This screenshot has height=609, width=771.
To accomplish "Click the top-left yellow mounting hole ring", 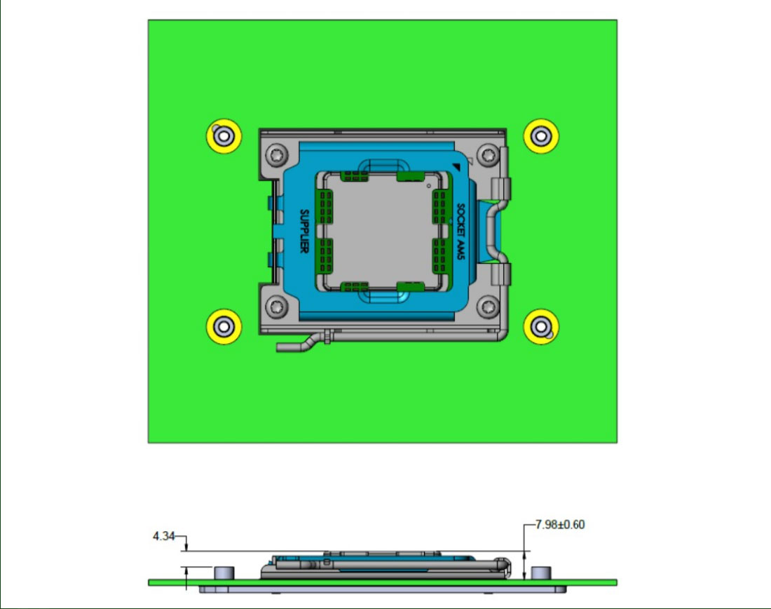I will click(224, 136).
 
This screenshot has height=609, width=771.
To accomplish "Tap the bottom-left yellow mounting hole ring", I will click(224, 326).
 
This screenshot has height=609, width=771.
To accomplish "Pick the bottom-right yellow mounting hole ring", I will click(541, 326).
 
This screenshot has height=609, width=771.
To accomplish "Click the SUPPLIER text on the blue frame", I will click(305, 231).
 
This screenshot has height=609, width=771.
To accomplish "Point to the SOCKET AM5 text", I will click(460, 231).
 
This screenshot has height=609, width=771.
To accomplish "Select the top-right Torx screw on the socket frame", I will click(488, 153).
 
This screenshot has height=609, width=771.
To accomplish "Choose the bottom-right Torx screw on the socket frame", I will click(488, 306).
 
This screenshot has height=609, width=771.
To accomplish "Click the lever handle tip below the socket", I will click(282, 347).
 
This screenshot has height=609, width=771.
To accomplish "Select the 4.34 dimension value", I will click(163, 537).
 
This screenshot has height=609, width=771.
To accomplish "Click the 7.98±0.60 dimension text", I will click(559, 525).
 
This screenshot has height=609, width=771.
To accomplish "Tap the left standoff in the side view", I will click(224, 573).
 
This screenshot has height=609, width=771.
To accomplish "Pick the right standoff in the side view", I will click(539, 573).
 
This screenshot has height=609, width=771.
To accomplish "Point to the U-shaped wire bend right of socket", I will click(496, 230).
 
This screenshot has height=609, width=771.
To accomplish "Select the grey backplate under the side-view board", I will click(382, 589).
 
